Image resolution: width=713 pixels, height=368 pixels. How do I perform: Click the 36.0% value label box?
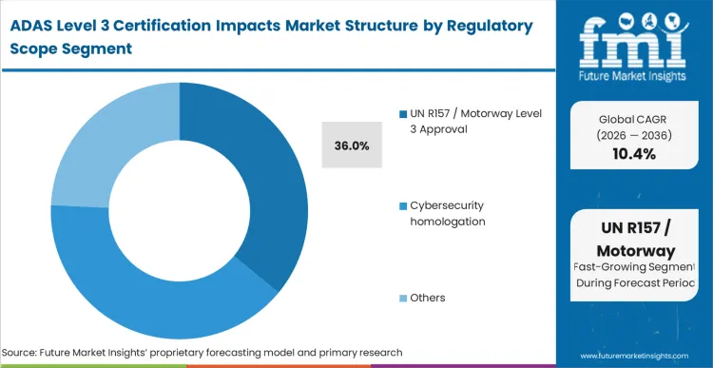pos(352,145)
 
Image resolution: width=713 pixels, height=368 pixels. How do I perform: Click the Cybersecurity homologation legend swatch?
pos(403,205)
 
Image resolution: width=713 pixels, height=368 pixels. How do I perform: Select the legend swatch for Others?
pos(403,298)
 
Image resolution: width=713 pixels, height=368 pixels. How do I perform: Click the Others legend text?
pos(427,298)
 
